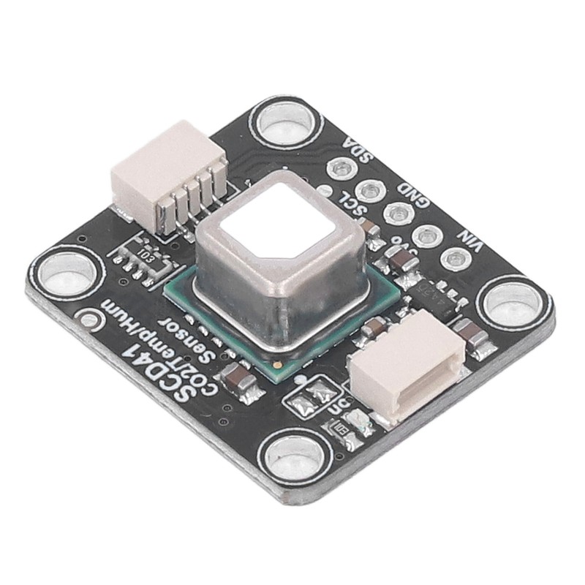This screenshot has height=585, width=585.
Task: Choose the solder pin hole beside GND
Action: coord(397,214)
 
